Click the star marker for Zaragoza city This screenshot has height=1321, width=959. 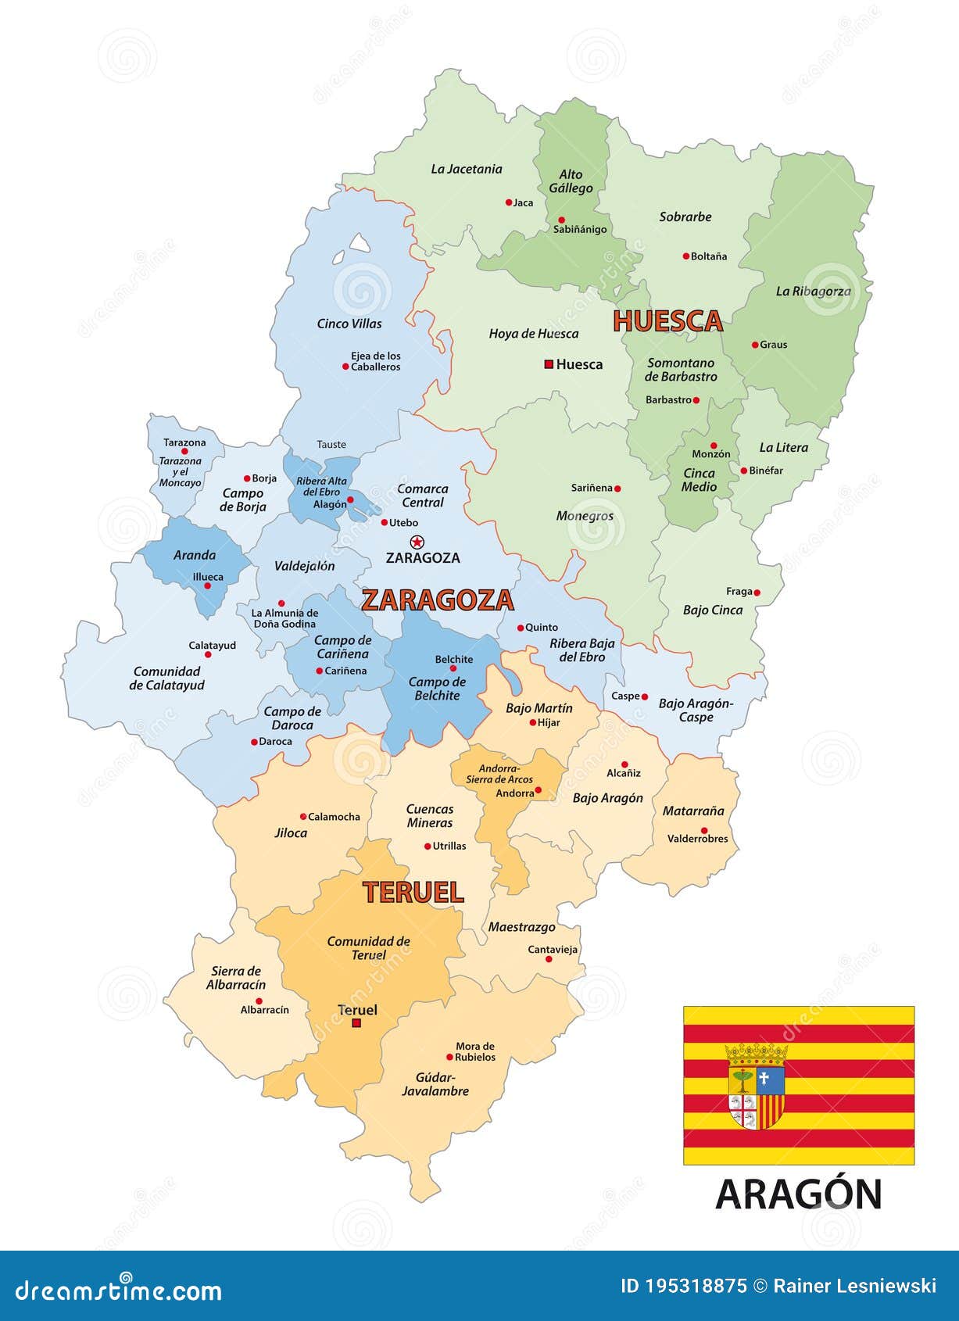[x=417, y=542]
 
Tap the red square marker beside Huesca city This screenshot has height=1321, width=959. [x=549, y=364]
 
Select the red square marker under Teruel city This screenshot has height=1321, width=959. [x=356, y=1023]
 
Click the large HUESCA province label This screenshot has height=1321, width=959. [x=667, y=321]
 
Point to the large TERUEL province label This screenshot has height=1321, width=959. [x=413, y=893]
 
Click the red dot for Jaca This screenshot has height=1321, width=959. [x=508, y=202]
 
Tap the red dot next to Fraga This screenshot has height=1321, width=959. [x=757, y=592]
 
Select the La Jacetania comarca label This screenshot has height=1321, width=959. [x=466, y=169]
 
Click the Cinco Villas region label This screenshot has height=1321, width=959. [x=349, y=324]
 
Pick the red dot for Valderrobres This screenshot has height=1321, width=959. [x=703, y=831]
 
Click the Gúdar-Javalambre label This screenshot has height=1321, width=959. [x=435, y=1084]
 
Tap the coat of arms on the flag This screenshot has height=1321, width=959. [x=756, y=1086]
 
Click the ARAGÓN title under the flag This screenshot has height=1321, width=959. [x=798, y=1194]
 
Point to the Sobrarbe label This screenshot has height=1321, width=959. [x=685, y=217]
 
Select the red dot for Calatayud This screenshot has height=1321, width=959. [x=208, y=654]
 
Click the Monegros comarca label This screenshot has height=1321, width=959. [x=585, y=516]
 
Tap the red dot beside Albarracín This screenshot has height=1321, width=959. [x=259, y=1001]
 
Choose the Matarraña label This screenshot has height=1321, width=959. [x=693, y=811]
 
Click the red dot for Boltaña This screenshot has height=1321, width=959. [x=685, y=256]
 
